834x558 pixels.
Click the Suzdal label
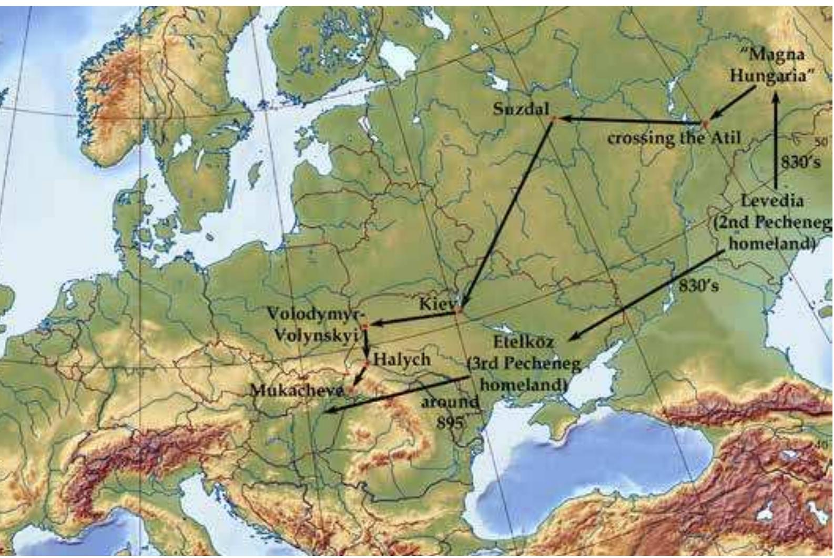point(521,109)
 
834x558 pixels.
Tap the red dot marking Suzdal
point(553,119)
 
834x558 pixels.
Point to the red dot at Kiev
point(458,311)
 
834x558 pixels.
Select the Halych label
point(402,360)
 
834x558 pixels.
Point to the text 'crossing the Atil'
point(674,138)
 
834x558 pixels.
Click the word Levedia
point(772,200)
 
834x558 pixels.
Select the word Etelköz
point(524,342)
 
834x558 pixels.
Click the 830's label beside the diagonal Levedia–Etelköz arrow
point(698,286)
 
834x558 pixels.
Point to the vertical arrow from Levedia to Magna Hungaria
point(776,142)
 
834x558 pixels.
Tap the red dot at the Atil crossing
point(705,124)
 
